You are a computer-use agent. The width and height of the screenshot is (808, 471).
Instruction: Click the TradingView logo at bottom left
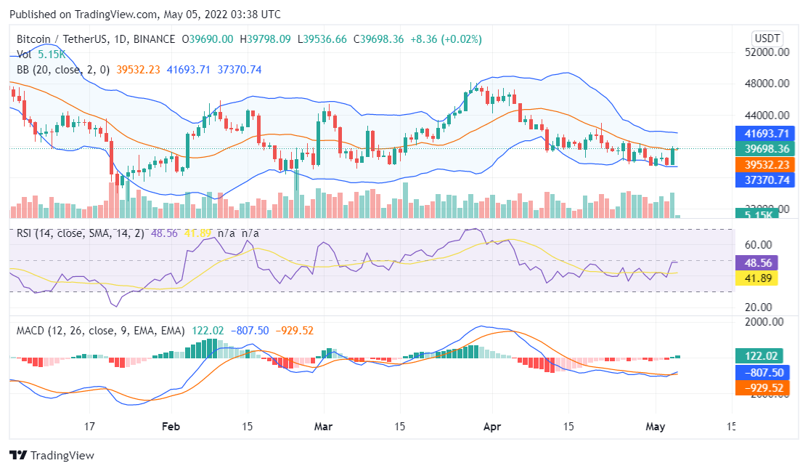click(x=52, y=455)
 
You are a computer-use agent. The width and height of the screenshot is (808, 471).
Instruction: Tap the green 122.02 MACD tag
click(x=761, y=356)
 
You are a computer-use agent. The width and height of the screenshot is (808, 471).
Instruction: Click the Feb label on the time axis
click(x=170, y=427)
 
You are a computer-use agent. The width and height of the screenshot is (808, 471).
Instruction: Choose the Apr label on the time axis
click(x=492, y=427)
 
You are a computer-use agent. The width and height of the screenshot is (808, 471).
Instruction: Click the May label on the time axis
click(x=656, y=427)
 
